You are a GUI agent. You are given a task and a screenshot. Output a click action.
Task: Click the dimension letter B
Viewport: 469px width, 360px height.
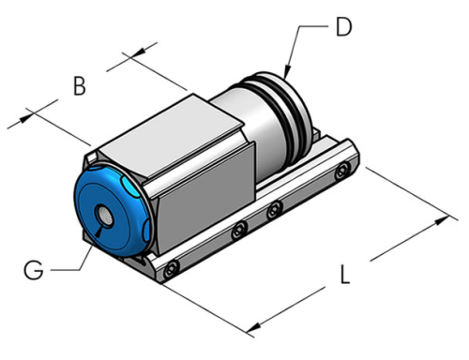(80, 87)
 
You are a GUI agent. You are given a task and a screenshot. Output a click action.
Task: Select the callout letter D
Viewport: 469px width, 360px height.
(343, 28)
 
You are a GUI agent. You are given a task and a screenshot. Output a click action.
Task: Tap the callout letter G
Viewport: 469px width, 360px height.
(33, 271)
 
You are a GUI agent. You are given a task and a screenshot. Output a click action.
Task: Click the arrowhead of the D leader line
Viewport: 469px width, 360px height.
(286, 74)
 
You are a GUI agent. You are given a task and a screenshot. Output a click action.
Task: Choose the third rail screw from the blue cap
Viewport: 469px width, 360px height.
(275, 210)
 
